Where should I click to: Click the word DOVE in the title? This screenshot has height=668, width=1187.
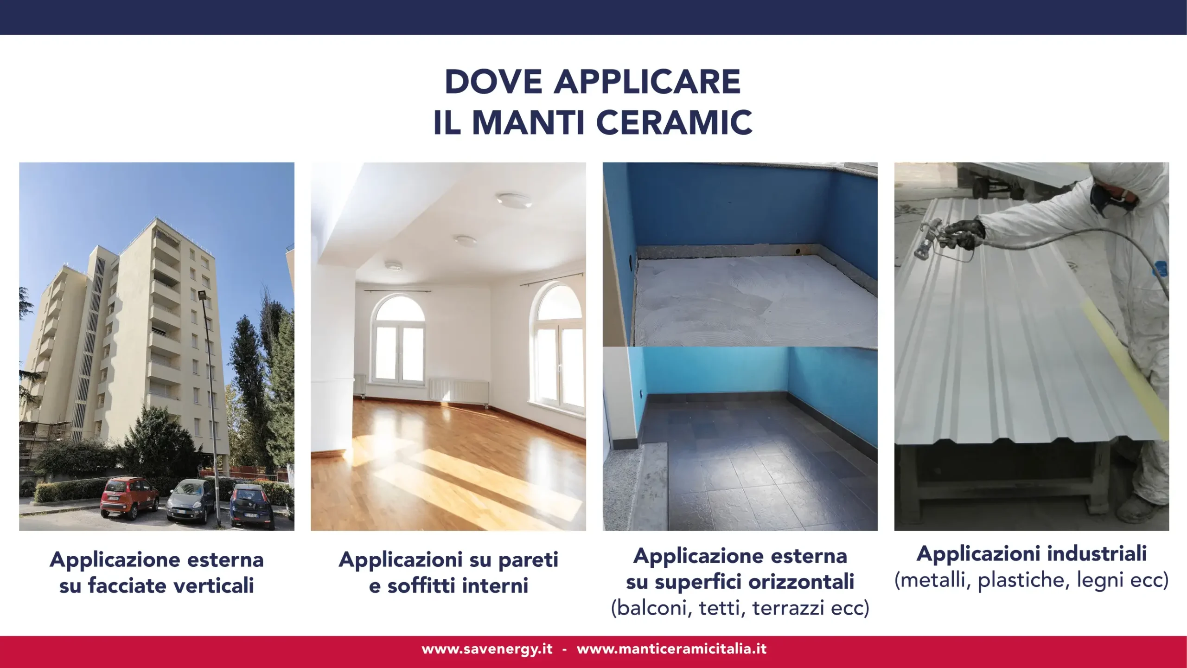493,82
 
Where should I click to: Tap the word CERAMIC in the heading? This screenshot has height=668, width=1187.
674,123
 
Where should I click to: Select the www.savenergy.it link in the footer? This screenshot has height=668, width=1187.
487,649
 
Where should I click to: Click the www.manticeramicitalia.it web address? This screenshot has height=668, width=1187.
671,649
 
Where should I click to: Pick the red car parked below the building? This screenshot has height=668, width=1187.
129,497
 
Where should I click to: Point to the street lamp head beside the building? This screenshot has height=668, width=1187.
202,294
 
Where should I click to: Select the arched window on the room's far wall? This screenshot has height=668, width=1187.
400,338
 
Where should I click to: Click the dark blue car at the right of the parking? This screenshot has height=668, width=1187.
252,507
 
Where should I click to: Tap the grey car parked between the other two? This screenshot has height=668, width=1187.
190,501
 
